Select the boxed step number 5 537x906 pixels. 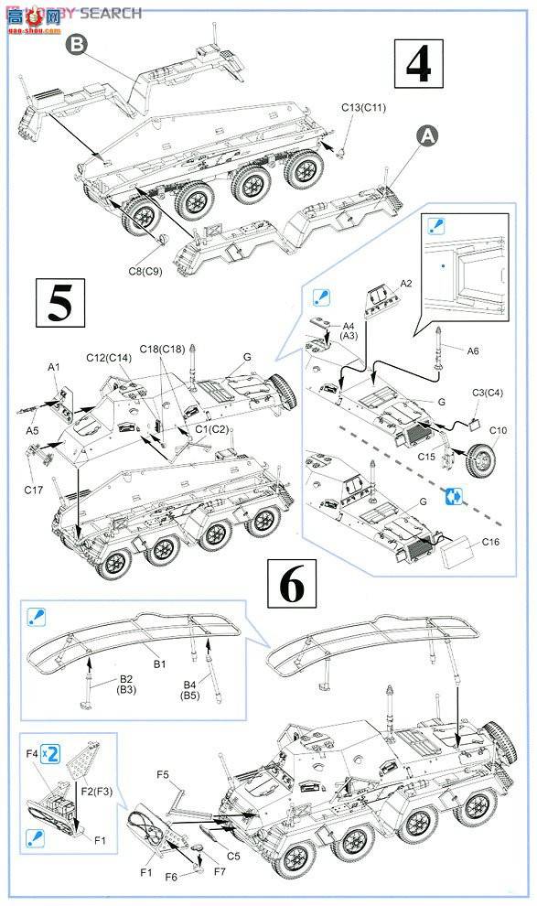60,302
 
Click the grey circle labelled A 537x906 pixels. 426,135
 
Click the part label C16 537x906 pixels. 494,541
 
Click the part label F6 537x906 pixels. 174,876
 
